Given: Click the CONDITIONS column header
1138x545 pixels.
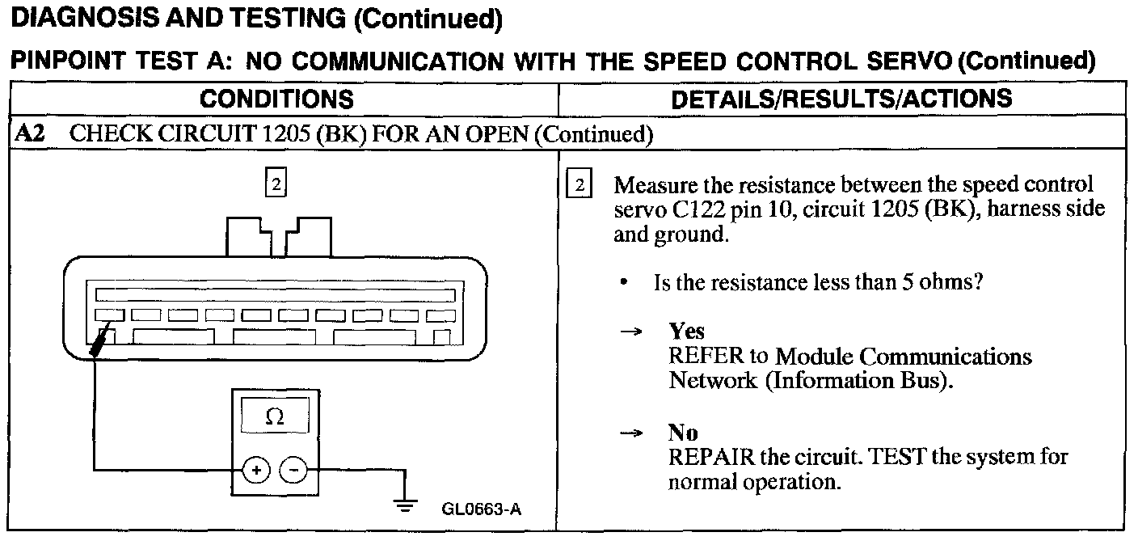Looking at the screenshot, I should click(x=276, y=99).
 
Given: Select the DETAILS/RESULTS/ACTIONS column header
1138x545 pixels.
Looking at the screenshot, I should click(x=841, y=99).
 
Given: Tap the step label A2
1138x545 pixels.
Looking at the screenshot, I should click(x=31, y=133).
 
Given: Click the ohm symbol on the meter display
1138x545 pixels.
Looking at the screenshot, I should click(x=275, y=417).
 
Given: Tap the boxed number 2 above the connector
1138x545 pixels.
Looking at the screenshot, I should click(x=276, y=185).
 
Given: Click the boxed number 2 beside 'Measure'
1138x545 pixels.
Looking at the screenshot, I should click(x=580, y=185).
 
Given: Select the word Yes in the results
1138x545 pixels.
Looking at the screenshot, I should click(x=686, y=332).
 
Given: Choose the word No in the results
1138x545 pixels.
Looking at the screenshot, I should click(x=683, y=433).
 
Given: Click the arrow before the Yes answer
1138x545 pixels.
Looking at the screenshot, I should click(x=636, y=332).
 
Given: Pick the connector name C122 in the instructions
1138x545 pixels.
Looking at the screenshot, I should click(x=697, y=209).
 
